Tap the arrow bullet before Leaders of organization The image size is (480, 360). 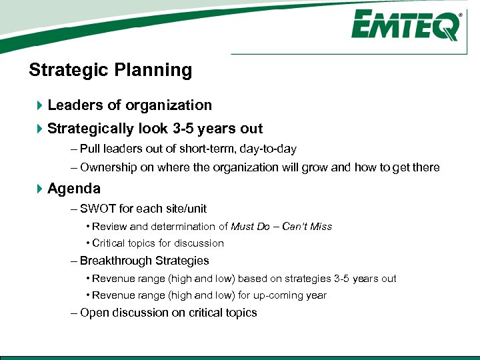39,105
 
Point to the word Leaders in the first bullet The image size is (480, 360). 73,105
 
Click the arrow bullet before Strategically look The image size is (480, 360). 39,129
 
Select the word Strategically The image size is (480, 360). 91,129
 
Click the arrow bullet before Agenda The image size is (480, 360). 39,189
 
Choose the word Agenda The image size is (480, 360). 74,189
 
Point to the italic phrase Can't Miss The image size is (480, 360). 307,227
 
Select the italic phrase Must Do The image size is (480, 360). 250,227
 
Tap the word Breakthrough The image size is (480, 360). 113,261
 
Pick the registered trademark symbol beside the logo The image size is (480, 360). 460,14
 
